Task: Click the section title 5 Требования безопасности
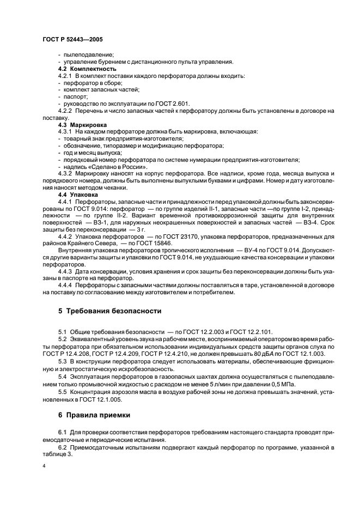(x=109, y=311)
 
